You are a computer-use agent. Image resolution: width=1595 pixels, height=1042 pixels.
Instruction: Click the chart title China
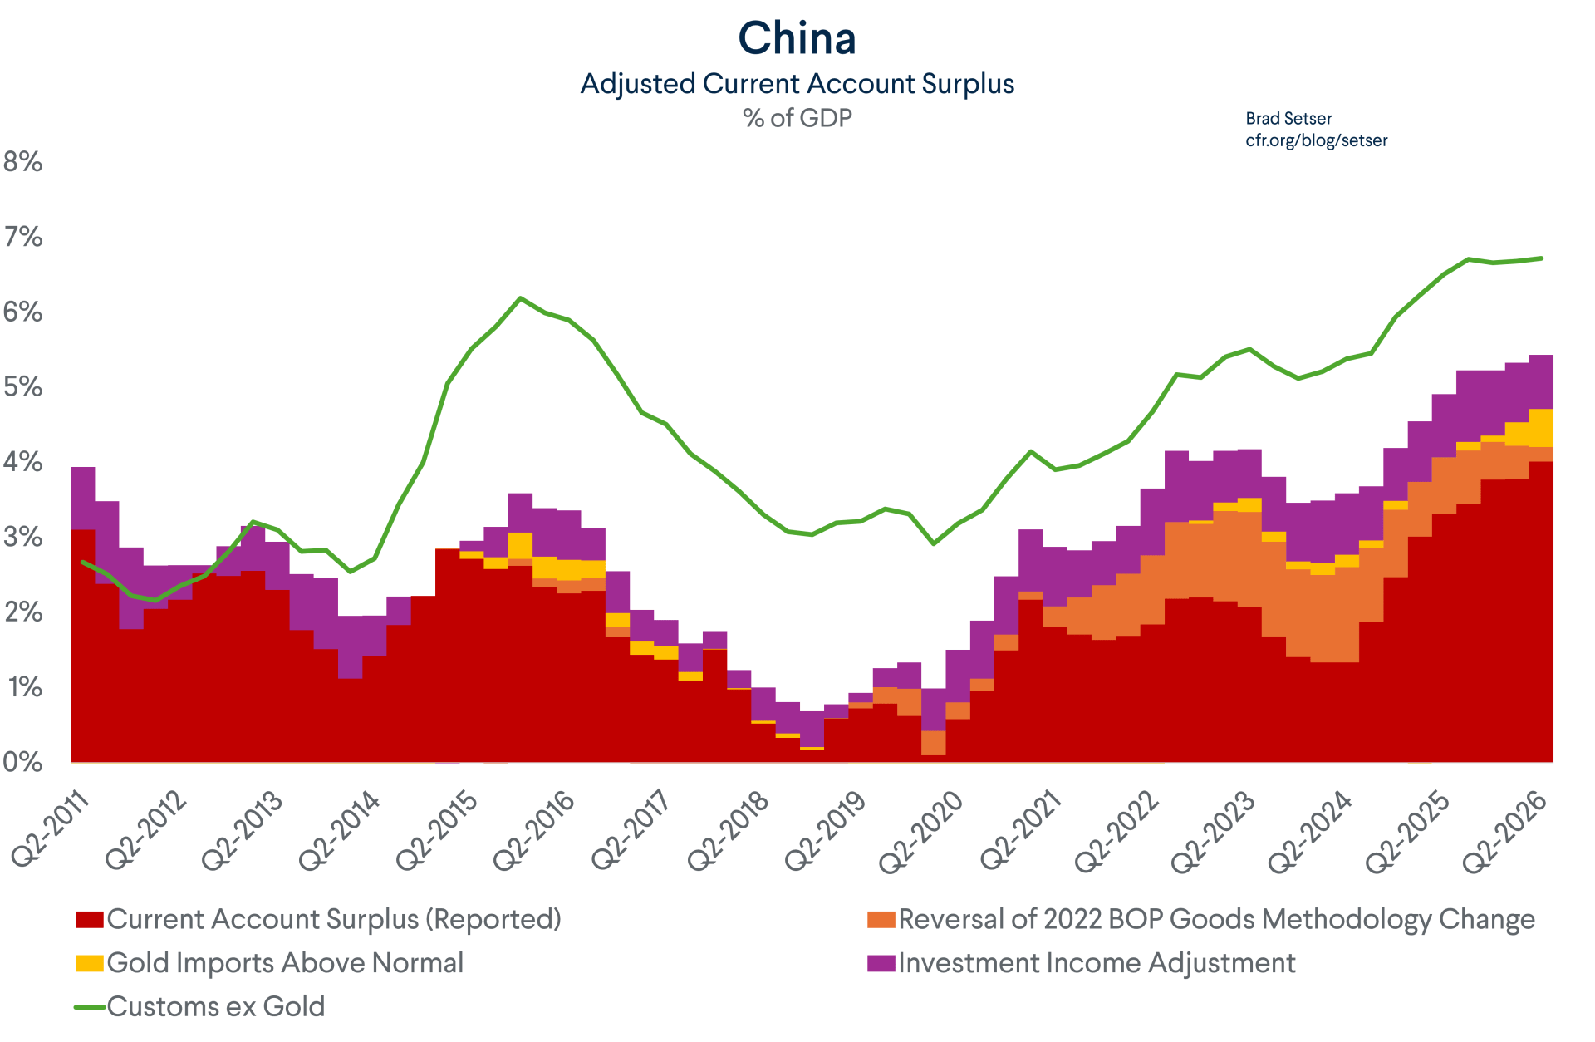(797, 38)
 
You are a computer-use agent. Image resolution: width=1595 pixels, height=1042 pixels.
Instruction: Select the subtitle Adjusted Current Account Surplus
(797, 84)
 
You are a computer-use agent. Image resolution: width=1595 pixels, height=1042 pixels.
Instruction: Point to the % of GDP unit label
(797, 118)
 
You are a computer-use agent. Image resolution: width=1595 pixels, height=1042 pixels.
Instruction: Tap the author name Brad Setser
(1288, 119)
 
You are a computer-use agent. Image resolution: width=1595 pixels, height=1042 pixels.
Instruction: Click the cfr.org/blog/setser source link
(1317, 140)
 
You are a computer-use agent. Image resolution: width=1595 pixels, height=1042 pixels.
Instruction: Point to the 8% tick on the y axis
(22, 161)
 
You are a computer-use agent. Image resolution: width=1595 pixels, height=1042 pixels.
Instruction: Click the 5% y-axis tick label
(22, 386)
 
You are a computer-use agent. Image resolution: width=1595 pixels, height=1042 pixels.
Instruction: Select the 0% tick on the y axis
(22, 762)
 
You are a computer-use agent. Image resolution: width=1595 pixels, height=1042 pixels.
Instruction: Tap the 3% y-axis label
(22, 537)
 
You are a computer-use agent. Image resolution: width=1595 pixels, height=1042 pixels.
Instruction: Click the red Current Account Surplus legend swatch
(89, 920)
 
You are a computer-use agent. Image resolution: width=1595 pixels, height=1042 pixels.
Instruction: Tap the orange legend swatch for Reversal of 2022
(881, 920)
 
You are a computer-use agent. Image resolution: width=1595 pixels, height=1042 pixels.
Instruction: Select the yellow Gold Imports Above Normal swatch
(89, 963)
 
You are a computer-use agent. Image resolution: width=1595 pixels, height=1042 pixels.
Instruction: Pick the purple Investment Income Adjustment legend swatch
(881, 963)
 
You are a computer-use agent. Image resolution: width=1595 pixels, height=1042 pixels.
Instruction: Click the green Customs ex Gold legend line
(89, 1007)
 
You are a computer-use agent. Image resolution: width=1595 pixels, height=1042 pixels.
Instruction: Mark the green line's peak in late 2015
(520, 297)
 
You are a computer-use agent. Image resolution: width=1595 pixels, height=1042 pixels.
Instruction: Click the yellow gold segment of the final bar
(1541, 428)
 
